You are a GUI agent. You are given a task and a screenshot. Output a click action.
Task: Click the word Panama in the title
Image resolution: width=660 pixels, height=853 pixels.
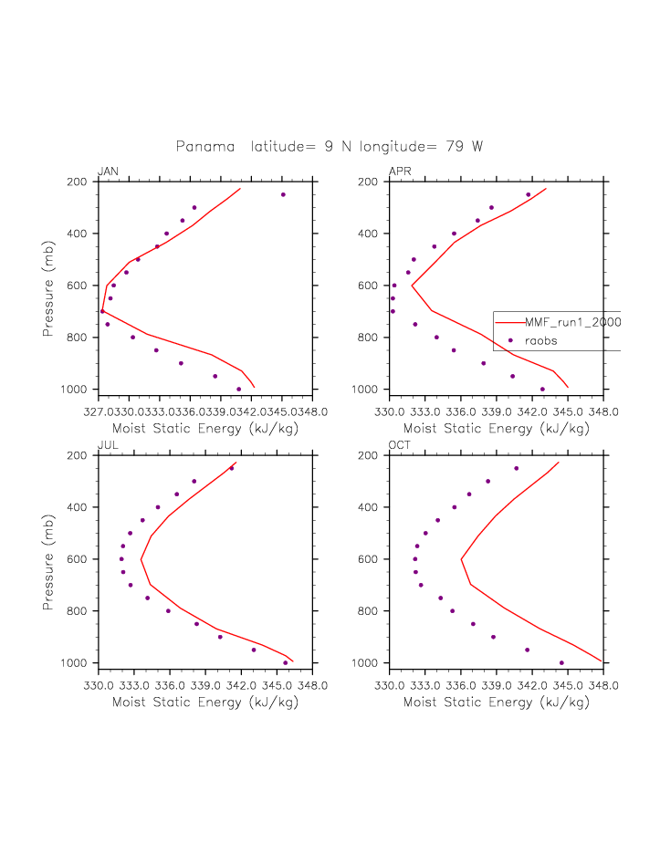[204, 146]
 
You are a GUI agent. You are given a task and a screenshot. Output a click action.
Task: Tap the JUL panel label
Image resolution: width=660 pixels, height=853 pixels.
[107, 445]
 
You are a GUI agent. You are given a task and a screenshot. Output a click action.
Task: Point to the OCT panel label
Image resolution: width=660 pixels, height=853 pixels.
[400, 445]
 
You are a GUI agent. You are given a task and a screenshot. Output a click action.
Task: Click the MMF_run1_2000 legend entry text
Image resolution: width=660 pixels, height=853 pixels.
[572, 322]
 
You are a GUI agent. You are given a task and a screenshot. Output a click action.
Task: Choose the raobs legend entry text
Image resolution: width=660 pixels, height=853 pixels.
[540, 340]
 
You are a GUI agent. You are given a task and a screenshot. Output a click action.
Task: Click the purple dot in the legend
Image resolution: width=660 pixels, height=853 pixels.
[509, 340]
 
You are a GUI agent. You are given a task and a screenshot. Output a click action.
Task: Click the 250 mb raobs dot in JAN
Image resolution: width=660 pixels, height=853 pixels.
[283, 194]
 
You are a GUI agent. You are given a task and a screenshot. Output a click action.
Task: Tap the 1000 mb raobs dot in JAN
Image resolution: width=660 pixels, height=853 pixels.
[239, 390]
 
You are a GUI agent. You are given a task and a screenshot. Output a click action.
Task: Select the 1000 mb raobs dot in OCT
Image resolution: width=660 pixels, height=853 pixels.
[561, 663]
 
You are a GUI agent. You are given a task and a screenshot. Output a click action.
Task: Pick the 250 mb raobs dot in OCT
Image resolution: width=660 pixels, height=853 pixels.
[517, 468]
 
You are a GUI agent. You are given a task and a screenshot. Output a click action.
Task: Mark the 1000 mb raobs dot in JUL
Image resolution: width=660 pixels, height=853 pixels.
[286, 663]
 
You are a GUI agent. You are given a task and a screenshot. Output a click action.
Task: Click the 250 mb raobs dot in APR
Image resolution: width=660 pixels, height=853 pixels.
[529, 194]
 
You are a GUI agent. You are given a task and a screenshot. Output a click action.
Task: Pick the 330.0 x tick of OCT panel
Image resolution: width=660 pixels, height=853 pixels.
[389, 685]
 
